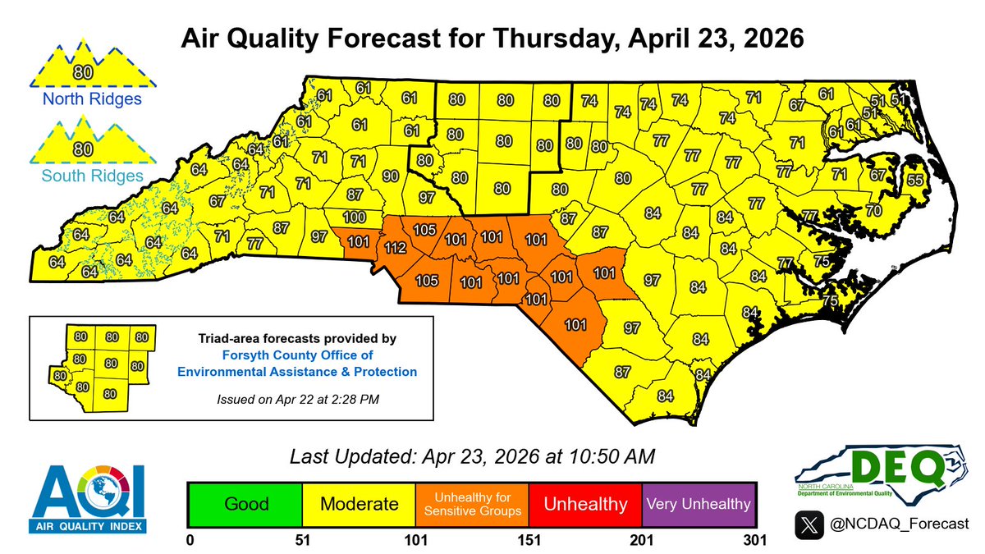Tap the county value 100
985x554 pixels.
[x=354, y=217]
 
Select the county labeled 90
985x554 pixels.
[x=390, y=176]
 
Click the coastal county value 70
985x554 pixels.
[x=873, y=211]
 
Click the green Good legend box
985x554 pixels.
[x=245, y=503]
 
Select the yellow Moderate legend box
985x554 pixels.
[x=359, y=503]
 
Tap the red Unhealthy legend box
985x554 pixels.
[x=584, y=503]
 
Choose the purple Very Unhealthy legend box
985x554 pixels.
[x=698, y=503]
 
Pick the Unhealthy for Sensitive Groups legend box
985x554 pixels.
[x=472, y=503]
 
